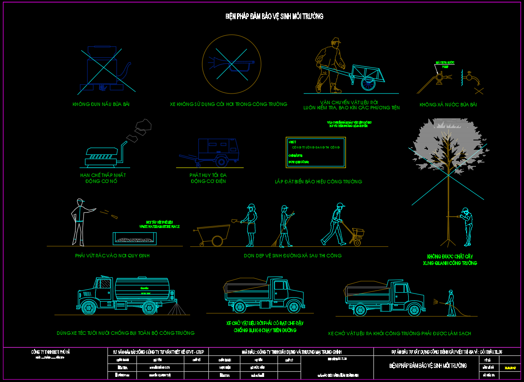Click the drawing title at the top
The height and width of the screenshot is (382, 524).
274,17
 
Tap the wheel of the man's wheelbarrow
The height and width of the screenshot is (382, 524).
368,83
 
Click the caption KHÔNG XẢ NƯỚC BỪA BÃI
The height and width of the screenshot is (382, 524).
448,105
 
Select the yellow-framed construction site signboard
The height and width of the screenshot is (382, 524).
316,152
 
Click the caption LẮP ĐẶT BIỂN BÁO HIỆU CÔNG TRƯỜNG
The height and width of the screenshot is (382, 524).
319,182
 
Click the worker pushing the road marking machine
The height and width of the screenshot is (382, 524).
334,223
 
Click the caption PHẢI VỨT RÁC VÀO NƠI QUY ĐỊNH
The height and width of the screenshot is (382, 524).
112,256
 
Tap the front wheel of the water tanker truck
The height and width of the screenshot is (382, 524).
88,307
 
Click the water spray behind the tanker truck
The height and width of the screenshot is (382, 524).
179,309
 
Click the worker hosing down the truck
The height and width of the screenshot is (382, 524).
450,303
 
